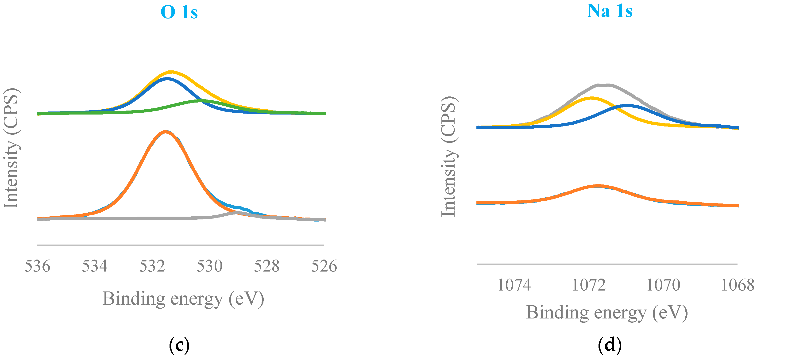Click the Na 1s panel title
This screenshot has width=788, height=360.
[609, 11]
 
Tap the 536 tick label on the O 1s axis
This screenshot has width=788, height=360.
[37, 266]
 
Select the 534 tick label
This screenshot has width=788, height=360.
[95, 266]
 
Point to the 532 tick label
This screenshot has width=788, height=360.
[152, 266]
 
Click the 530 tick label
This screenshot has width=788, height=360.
[209, 266]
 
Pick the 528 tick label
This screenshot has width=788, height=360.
[267, 266]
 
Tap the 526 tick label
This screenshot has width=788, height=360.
[324, 266]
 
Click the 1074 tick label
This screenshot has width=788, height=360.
[514, 285]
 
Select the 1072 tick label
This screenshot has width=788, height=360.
[589, 285]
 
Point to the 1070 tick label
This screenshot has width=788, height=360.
[663, 285]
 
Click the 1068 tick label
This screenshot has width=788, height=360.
[738, 285]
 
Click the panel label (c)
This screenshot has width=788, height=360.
[179, 345]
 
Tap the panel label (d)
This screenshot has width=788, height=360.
[609, 345]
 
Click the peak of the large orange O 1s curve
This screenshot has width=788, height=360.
[166, 132]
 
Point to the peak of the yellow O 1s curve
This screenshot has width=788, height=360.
[171, 72]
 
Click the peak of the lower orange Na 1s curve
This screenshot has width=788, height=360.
[598, 186]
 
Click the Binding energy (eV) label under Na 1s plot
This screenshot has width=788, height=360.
[607, 313]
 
